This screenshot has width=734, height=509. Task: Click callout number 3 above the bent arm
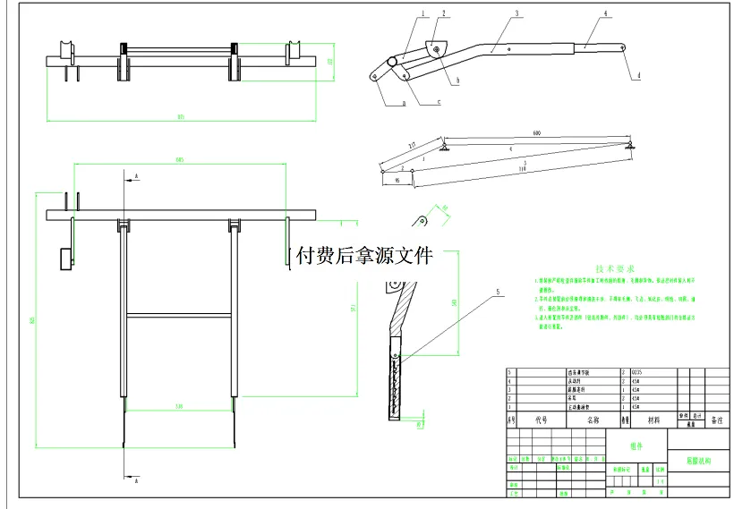pyautogui.click(x=517, y=14)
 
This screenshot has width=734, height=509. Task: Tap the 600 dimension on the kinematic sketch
pyautogui.click(x=537, y=133)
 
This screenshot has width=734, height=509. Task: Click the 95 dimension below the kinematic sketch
pyautogui.click(x=397, y=181)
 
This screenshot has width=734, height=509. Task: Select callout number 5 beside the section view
pyautogui.click(x=498, y=292)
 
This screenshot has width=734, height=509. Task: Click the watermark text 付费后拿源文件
pyautogui.click(x=369, y=257)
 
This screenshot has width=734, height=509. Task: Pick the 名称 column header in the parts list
pyautogui.click(x=593, y=420)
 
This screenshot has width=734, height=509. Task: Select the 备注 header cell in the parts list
pyautogui.click(x=716, y=420)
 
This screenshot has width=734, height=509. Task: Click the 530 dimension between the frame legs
pyautogui.click(x=179, y=407)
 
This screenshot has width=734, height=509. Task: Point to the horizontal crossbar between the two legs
pyautogui.click(x=179, y=314)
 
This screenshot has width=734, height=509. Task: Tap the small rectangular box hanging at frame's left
pyautogui.click(x=64, y=258)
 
